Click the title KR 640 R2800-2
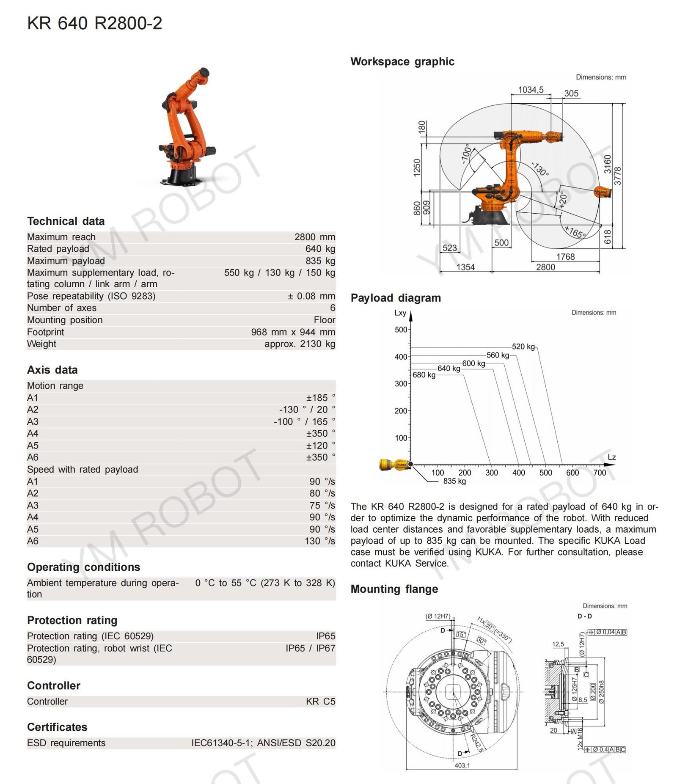pyautogui.click(x=94, y=23)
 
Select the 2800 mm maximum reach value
pyautogui.click(x=314, y=237)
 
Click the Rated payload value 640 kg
pyautogui.click(x=320, y=249)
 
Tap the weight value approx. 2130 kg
pyautogui.click(x=300, y=344)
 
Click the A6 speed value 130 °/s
pyautogui.click(x=319, y=541)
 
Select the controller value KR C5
pyautogui.click(x=320, y=701)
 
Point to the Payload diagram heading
pyautogui.click(x=395, y=298)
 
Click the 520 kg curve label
pyautogui.click(x=523, y=347)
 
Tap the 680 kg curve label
pyautogui.click(x=424, y=375)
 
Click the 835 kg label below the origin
pyautogui.click(x=454, y=481)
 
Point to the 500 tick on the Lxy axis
pyautogui.click(x=401, y=330)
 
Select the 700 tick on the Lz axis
pyautogui.click(x=599, y=473)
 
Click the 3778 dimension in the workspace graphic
pyautogui.click(x=617, y=176)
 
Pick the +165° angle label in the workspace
pyautogui.click(x=575, y=232)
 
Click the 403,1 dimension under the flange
pyautogui.click(x=462, y=765)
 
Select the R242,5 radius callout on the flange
pyautogui.click(x=476, y=743)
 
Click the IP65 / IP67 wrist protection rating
pyautogui.click(x=310, y=648)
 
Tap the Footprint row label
pyautogui.click(x=46, y=332)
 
